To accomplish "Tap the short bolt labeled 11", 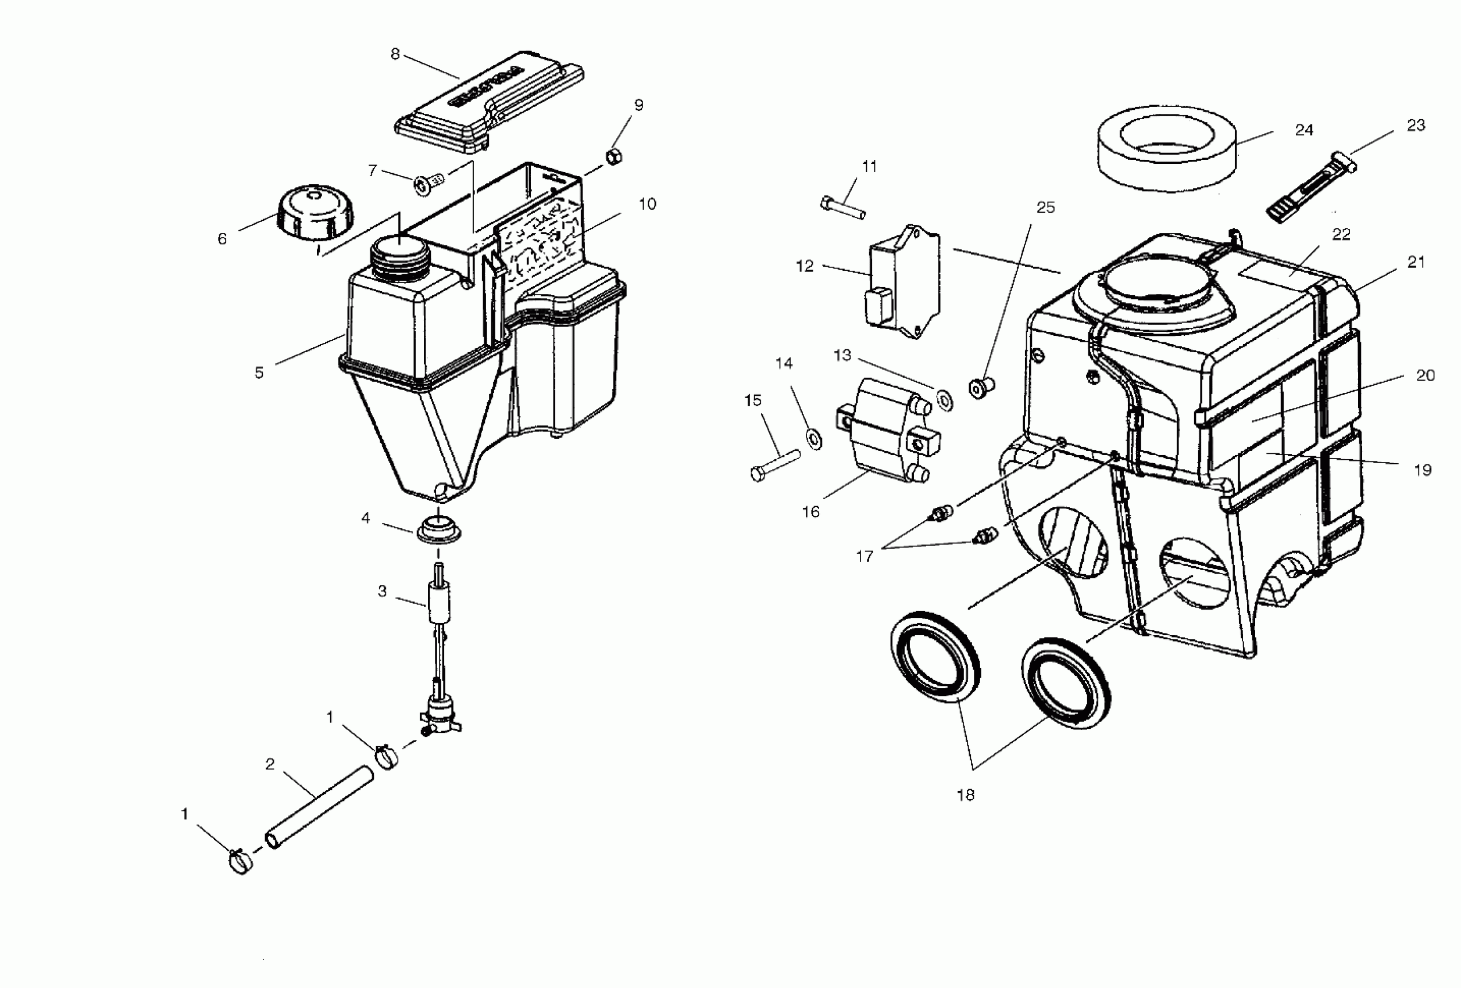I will click(x=842, y=207).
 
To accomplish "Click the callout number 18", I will click(x=965, y=795).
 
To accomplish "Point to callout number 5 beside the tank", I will click(x=259, y=373).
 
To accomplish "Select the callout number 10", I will click(x=647, y=203).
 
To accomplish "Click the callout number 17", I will click(x=865, y=556).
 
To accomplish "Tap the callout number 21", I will click(x=1416, y=262).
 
